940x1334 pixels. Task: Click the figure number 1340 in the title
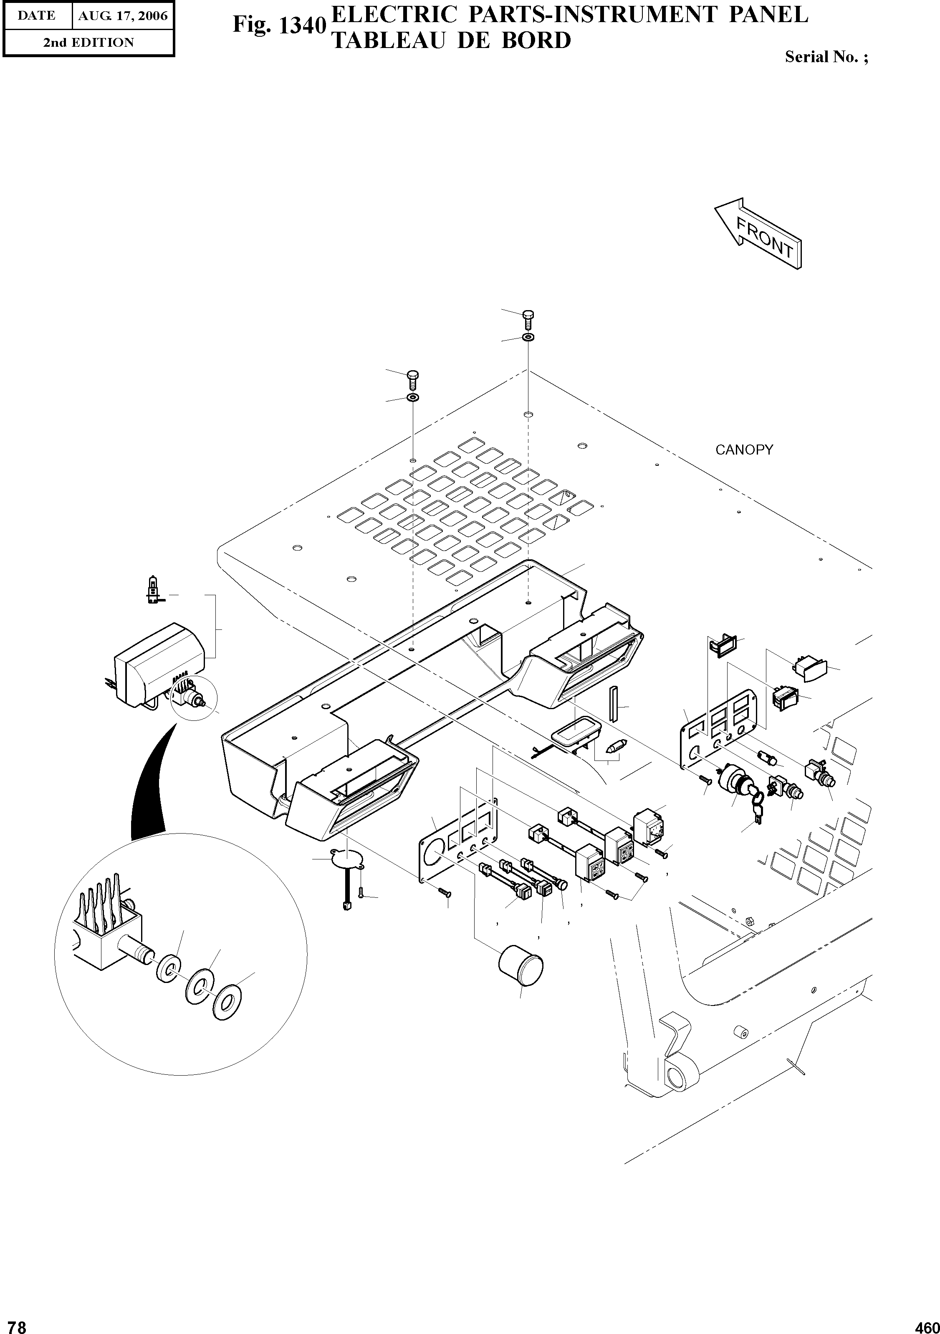278,25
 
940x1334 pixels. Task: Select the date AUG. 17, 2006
123,16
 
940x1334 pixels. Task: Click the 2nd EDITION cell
88,43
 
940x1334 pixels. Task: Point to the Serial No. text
826,57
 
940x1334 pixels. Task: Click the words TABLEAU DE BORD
451,40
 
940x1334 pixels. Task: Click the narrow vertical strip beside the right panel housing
612,702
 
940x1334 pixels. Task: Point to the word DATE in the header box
37,16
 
